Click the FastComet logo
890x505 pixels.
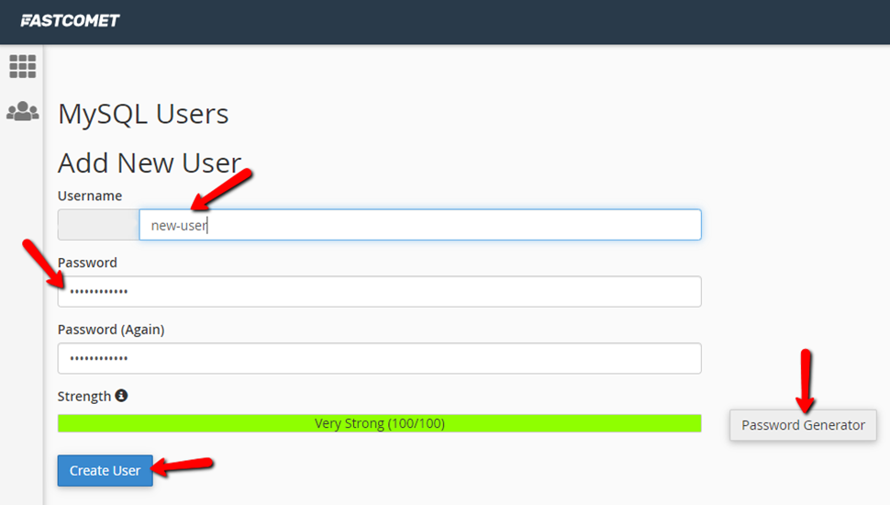(70, 21)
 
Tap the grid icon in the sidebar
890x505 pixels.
(23, 66)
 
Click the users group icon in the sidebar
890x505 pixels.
(23, 111)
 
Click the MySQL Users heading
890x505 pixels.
(143, 114)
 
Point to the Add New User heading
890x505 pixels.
(150, 163)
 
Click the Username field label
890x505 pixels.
(90, 196)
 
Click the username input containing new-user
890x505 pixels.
(420, 225)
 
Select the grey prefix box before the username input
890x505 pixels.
(98, 225)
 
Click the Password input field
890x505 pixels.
(379, 292)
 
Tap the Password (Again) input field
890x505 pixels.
(379, 358)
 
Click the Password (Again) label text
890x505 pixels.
(111, 330)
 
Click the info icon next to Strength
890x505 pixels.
(121, 396)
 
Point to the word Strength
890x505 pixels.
(84, 397)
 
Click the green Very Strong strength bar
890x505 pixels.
(379, 423)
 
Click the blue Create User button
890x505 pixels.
(105, 470)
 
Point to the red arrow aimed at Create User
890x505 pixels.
(183, 466)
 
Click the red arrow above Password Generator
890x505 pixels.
(806, 381)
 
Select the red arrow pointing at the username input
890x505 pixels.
(221, 190)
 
